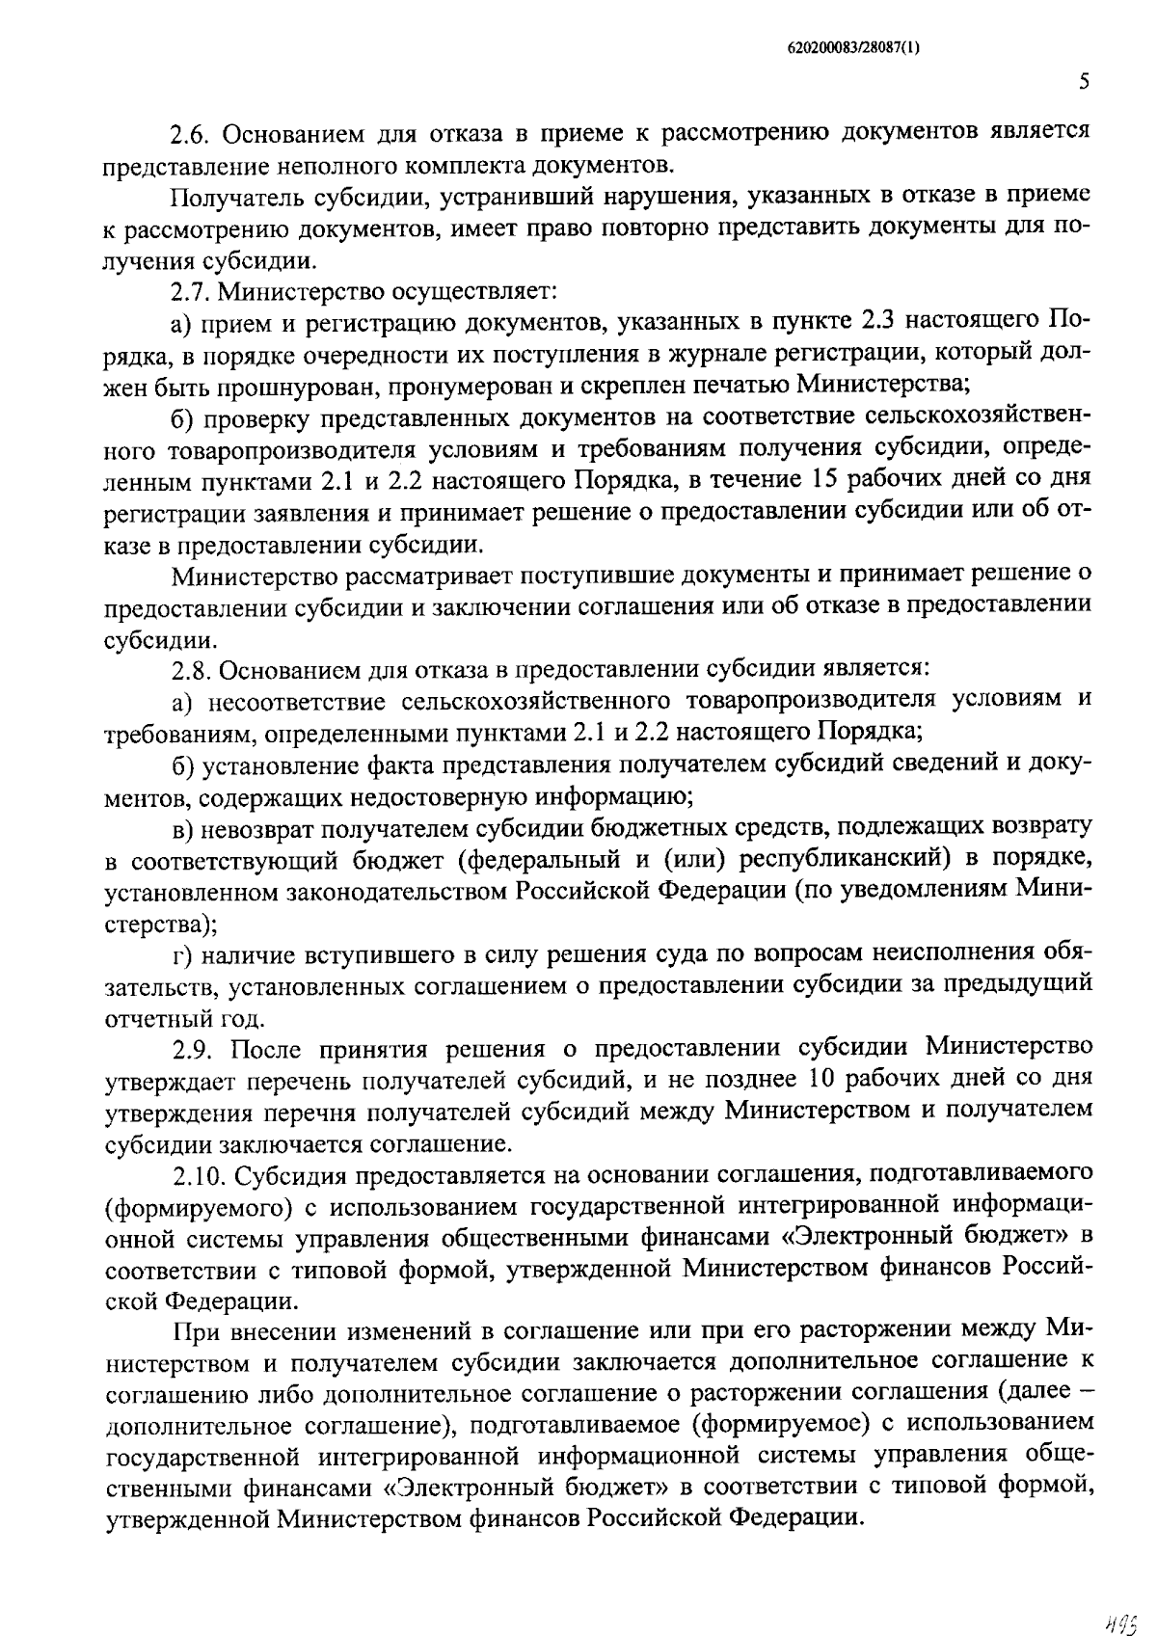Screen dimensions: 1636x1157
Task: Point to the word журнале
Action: click(703, 353)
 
